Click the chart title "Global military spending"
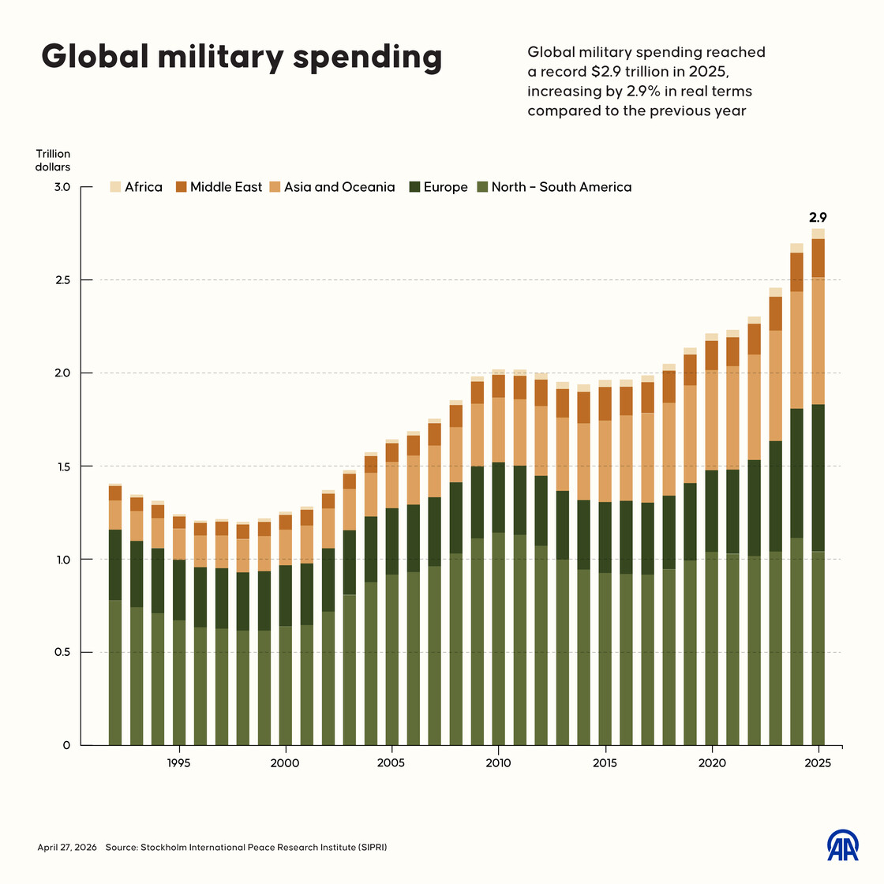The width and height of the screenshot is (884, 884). click(242, 57)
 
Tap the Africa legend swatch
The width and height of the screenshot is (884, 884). click(115, 187)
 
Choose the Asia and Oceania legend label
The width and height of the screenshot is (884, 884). click(339, 187)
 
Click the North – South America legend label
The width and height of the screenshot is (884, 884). click(561, 187)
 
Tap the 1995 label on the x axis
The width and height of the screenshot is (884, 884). click(178, 763)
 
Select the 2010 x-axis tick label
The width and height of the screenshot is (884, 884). click(498, 763)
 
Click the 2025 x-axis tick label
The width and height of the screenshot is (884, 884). click(818, 763)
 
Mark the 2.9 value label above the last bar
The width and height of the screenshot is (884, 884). click(818, 218)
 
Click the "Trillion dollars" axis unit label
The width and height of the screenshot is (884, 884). click(53, 160)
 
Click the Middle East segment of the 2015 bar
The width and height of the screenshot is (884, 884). click(605, 403)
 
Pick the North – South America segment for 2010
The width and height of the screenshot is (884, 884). click(498, 639)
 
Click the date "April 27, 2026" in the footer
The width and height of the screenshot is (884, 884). click(67, 847)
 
